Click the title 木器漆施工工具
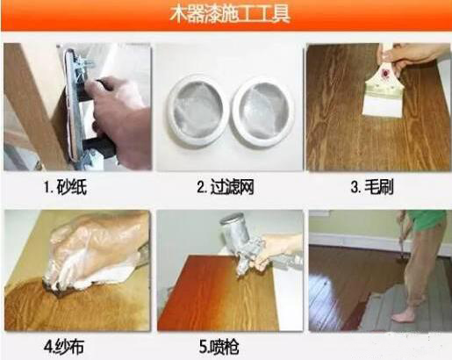(x=226, y=15)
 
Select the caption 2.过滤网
(x=225, y=186)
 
